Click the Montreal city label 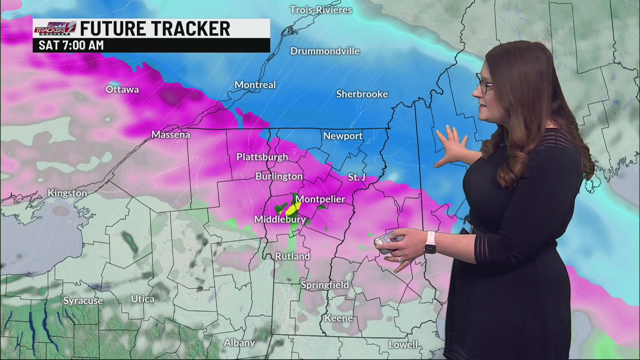[x=255, y=85]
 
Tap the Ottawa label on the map [x=122, y=89]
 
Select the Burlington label [x=279, y=176]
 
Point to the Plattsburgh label [x=262, y=157]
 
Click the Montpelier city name [x=320, y=199]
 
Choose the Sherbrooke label [x=362, y=94]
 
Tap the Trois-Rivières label [x=321, y=10]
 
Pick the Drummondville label [x=325, y=51]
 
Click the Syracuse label [x=83, y=300]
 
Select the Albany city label [x=239, y=342]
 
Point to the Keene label [x=338, y=318]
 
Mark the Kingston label [x=67, y=193]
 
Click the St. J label [x=357, y=177]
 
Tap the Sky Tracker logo [x=55, y=28]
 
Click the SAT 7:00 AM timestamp [x=71, y=45]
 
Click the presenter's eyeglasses [x=483, y=84]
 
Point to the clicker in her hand [x=387, y=241]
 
